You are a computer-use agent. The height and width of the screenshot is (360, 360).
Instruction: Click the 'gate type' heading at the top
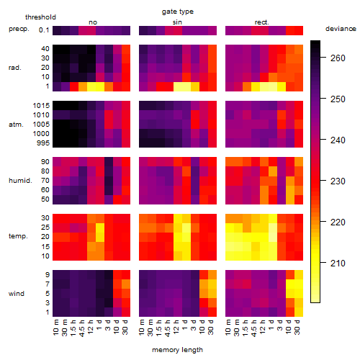click(178, 12)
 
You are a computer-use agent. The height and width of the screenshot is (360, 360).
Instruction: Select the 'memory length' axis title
click(177, 350)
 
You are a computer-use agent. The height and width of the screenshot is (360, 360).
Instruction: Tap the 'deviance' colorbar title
click(341, 29)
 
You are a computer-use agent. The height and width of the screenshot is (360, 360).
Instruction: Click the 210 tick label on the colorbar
click(338, 264)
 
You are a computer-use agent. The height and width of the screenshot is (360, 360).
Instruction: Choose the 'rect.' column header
click(261, 22)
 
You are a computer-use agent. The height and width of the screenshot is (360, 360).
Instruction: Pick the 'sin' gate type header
click(177, 22)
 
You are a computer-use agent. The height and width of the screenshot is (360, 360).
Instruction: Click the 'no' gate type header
click(93, 22)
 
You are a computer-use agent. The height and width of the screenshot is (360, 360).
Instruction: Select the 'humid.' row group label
click(20, 181)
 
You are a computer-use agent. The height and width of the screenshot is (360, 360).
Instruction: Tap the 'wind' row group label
click(17, 294)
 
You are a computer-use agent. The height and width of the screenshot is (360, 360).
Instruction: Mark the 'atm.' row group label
click(16, 125)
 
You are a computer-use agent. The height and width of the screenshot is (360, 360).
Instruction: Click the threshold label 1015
click(41, 106)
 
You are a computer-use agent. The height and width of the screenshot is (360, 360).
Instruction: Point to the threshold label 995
click(43, 143)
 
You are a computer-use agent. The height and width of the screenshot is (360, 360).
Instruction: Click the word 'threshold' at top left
click(40, 17)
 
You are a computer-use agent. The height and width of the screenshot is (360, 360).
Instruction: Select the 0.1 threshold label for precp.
click(44, 30)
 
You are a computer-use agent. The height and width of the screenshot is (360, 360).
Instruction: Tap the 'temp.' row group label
click(18, 236)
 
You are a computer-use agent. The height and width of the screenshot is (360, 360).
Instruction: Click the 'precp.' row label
click(19, 29)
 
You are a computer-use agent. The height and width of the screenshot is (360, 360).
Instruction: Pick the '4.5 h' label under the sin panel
click(168, 328)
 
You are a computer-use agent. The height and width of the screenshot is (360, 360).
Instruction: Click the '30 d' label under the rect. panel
click(297, 327)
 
